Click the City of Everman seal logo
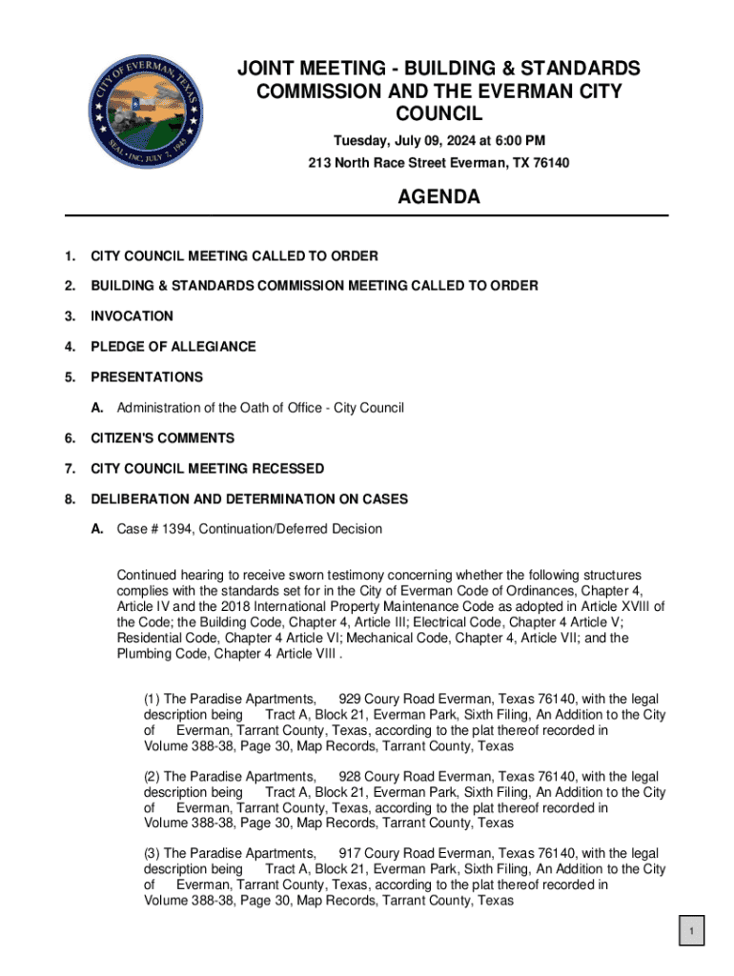click(146, 110)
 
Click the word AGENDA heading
click(438, 197)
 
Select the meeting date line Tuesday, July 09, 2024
click(438, 141)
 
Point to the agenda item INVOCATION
click(132, 315)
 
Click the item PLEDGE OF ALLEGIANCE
click(173, 346)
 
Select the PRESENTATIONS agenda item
click(146, 376)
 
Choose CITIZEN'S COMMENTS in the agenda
click(162, 437)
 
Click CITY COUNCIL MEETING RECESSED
click(207, 468)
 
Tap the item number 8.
click(69, 498)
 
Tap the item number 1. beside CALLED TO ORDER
click(69, 255)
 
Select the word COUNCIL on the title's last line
click(438, 114)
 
